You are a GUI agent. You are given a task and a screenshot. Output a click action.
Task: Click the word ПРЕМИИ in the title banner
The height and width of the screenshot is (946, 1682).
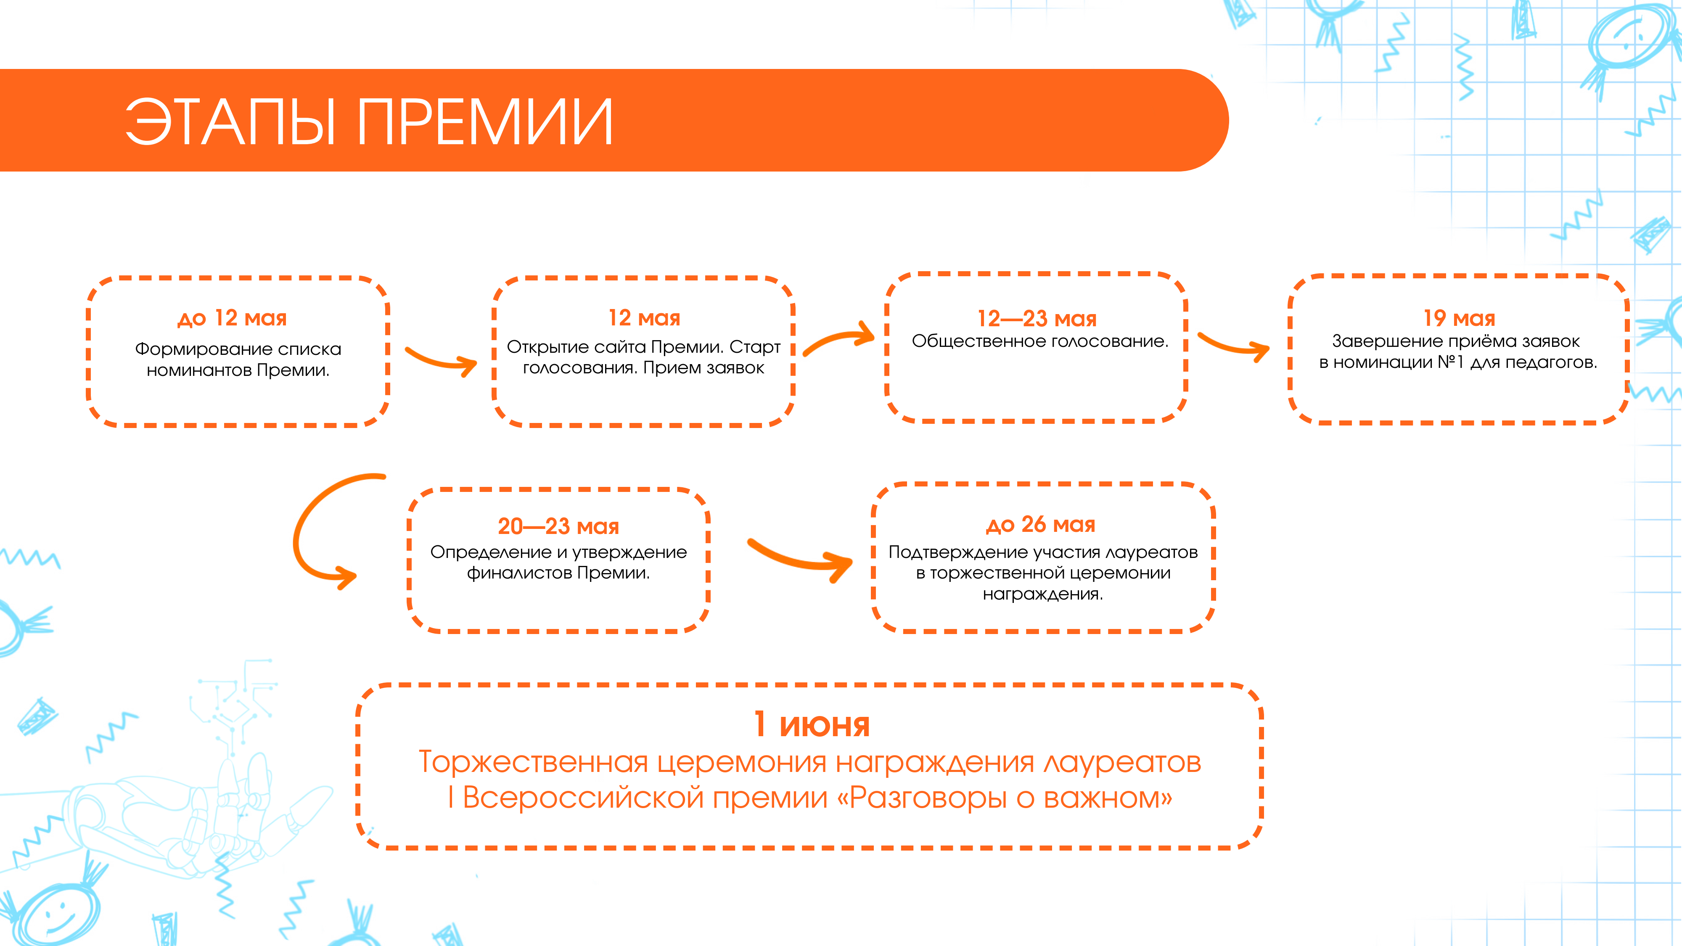484,122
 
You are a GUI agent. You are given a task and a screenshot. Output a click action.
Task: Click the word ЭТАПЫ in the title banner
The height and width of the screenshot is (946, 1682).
230,122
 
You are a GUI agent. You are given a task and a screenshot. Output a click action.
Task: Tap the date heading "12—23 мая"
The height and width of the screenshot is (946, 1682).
1037,319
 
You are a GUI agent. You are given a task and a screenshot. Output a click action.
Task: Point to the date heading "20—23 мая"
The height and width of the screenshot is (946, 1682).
558,526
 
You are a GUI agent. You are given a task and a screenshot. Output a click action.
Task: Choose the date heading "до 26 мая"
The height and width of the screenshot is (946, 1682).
1041,524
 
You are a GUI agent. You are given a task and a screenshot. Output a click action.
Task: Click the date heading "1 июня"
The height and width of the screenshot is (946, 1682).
812,725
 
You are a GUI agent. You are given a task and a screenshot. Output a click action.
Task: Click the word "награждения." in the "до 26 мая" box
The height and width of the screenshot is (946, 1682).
1043,594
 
